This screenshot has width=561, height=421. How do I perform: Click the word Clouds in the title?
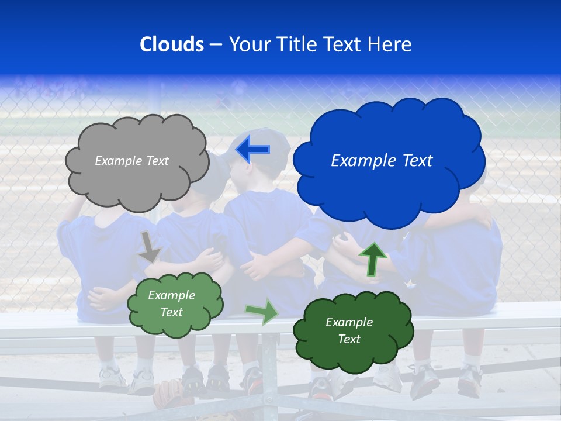tap(172, 44)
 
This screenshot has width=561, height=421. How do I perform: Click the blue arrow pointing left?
tap(252, 150)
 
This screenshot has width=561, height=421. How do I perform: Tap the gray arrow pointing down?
tap(150, 247)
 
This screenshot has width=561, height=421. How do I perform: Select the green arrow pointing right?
tap(262, 312)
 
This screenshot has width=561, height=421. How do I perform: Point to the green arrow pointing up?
tap(372, 259)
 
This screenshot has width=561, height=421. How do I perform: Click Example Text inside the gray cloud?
tap(131, 161)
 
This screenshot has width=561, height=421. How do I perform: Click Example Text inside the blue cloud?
tap(382, 161)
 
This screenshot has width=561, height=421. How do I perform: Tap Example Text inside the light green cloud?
tap(172, 303)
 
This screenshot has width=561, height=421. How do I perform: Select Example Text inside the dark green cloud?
tap(349, 330)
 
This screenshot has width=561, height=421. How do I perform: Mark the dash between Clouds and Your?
tap(216, 44)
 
